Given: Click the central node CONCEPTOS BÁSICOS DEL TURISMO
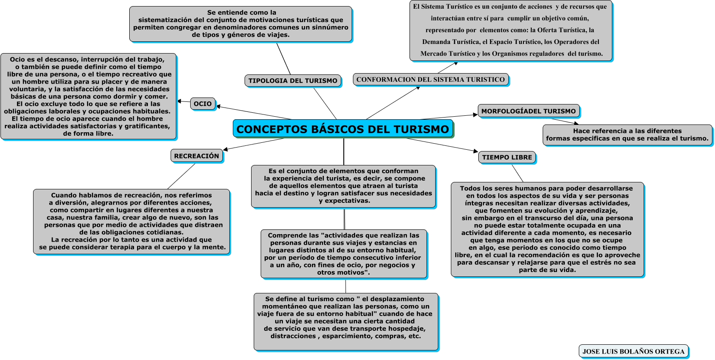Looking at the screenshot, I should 343,129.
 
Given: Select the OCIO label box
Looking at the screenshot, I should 203,104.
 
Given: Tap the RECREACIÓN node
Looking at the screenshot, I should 197,156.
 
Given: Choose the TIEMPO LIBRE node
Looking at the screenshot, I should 507,157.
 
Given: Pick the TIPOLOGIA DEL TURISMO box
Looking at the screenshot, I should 293,81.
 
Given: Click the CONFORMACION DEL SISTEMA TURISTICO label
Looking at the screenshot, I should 430,80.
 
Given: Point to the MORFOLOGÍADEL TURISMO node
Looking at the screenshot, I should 528,111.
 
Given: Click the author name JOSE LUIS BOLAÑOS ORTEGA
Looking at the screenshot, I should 633,351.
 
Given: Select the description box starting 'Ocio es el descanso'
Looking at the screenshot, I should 88,96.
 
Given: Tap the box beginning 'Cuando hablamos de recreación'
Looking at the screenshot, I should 131,221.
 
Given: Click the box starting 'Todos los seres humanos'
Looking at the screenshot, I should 547,229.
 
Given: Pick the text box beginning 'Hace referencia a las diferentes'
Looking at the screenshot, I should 627,135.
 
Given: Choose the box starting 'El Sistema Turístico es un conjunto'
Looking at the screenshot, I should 511,30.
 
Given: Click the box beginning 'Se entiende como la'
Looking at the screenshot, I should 241,24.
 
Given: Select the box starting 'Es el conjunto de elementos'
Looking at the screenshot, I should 343,186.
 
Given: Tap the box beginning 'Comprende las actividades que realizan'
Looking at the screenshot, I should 344,254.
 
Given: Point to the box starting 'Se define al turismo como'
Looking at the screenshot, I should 346,321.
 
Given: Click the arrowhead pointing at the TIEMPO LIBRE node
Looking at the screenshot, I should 475,151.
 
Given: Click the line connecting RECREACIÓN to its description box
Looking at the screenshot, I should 181,176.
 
